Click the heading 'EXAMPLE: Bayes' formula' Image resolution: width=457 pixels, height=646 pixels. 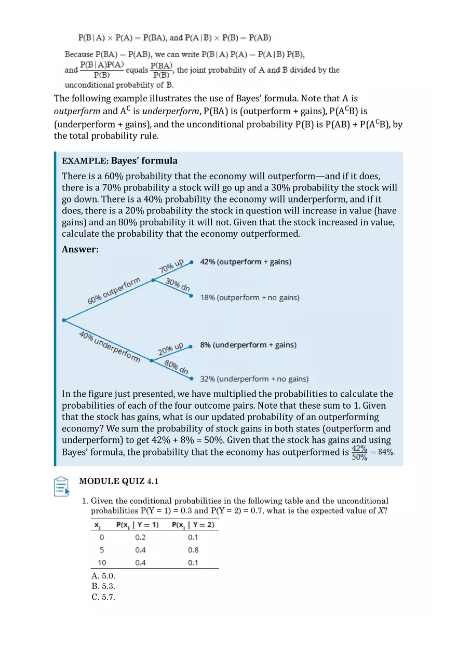click(119, 161)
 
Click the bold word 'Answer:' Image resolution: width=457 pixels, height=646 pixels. click(80, 250)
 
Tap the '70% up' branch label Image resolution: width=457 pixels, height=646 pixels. click(171, 266)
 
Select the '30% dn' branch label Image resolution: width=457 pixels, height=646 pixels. click(178, 285)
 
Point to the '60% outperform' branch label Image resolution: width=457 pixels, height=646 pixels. click(114, 292)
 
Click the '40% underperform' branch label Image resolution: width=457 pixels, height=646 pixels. click(110, 347)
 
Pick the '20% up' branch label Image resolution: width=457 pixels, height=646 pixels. click(171, 349)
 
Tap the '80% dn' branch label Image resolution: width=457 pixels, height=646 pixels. click(177, 367)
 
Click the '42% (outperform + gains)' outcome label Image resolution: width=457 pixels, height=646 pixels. click(246, 262)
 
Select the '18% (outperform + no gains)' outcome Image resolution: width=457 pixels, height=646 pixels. click(250, 298)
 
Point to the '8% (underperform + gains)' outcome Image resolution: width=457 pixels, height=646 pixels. click(248, 345)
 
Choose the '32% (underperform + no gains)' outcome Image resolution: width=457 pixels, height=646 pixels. click(254, 379)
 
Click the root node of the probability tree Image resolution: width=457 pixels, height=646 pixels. click(63, 320)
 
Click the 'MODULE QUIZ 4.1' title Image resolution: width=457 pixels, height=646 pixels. click(118, 481)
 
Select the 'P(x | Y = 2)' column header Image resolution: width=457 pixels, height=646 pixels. click(193, 525)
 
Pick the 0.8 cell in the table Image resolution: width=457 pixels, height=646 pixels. click(193, 550)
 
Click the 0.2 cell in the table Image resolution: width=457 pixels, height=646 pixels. click(140, 537)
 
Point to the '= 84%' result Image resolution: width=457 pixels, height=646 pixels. click(384, 452)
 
